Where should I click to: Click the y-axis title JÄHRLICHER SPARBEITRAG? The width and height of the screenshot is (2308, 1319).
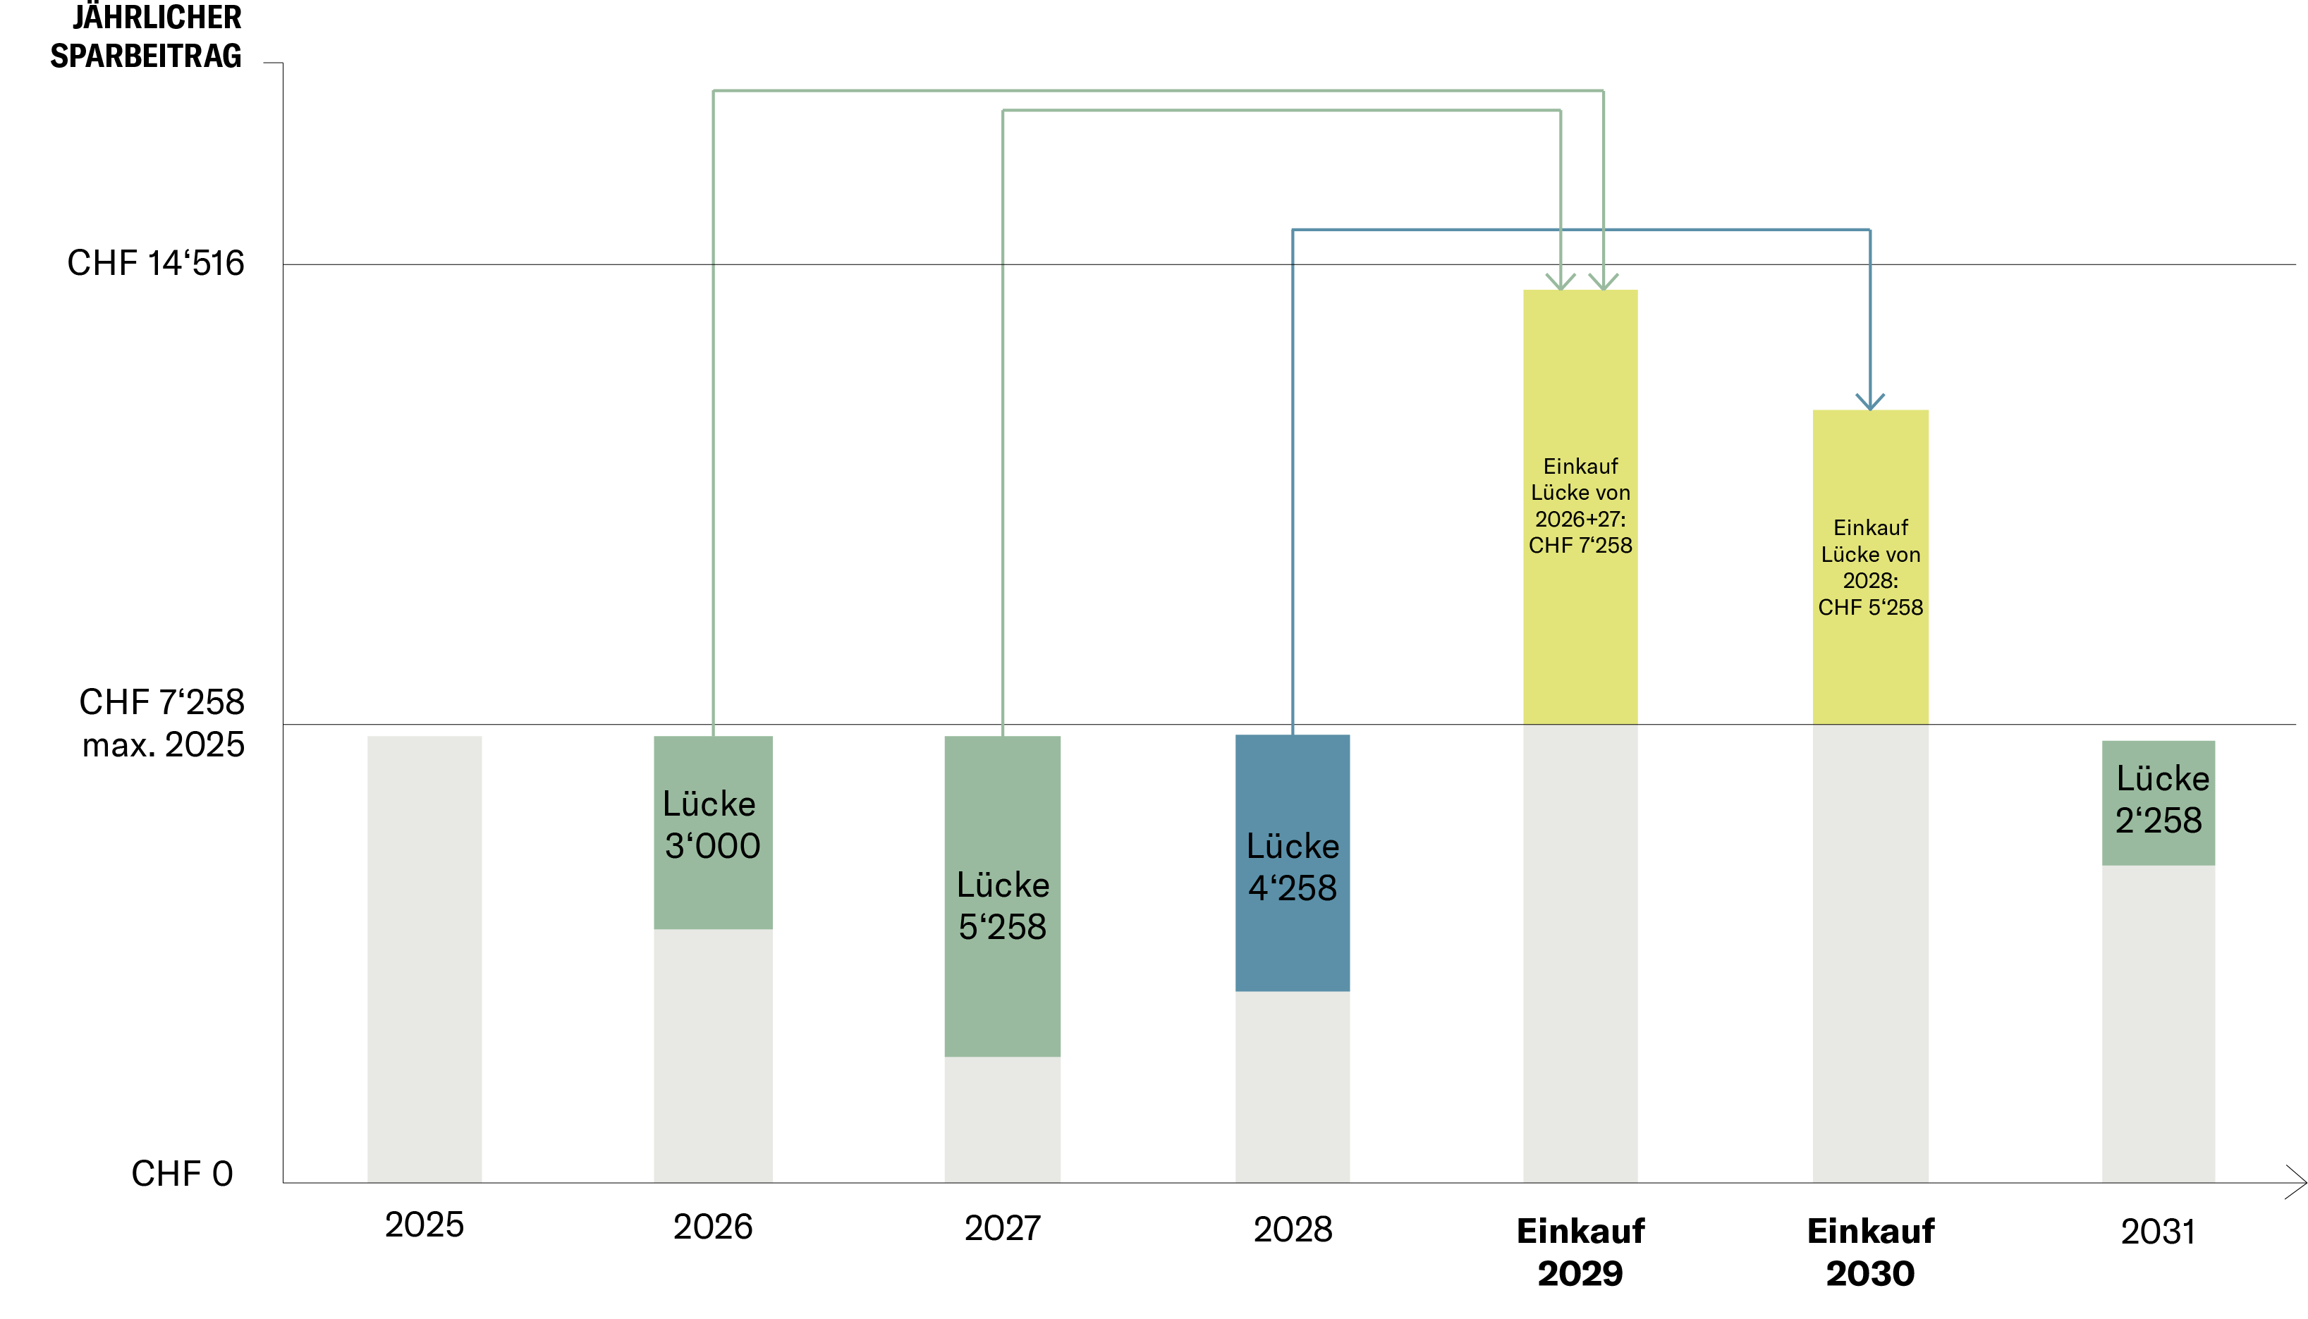147,36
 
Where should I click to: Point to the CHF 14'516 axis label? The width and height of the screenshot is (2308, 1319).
156,263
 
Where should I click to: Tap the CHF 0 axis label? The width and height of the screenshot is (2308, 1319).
182,1174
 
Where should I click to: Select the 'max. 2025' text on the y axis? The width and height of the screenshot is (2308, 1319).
163,744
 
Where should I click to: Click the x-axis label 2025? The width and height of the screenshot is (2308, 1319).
424,1225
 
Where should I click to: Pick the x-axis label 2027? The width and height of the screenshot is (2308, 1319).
1002,1228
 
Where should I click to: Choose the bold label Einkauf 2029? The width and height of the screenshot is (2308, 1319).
1580,1252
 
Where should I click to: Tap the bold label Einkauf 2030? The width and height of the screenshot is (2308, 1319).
1870,1252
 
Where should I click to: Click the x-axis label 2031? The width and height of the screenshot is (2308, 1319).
2159,1232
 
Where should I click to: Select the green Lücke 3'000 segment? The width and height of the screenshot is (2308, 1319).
713,832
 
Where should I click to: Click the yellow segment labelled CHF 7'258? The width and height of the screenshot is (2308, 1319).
1580,508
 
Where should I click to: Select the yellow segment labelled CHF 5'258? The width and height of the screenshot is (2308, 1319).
1870,567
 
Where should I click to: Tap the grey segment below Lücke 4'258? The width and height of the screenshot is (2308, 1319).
1292,1087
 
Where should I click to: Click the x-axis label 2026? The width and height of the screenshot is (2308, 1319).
713,1227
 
